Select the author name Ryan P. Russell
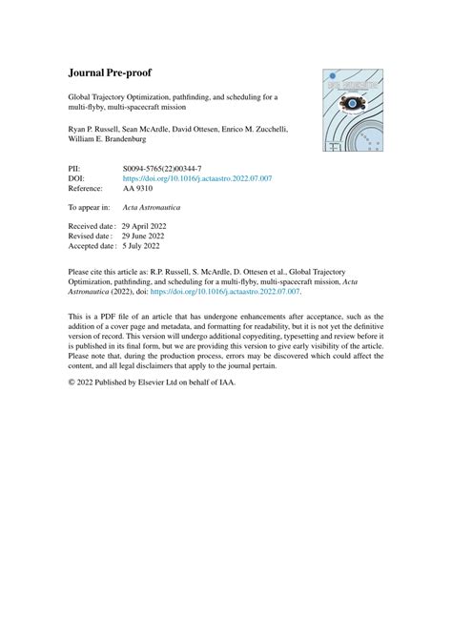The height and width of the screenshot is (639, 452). pyautogui.click(x=95, y=129)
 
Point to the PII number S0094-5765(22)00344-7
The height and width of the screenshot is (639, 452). pyautogui.click(x=166, y=168)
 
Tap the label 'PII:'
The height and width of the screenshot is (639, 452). pyautogui.click(x=76, y=168)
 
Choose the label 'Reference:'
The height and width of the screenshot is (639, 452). pyautogui.click(x=89, y=187)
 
